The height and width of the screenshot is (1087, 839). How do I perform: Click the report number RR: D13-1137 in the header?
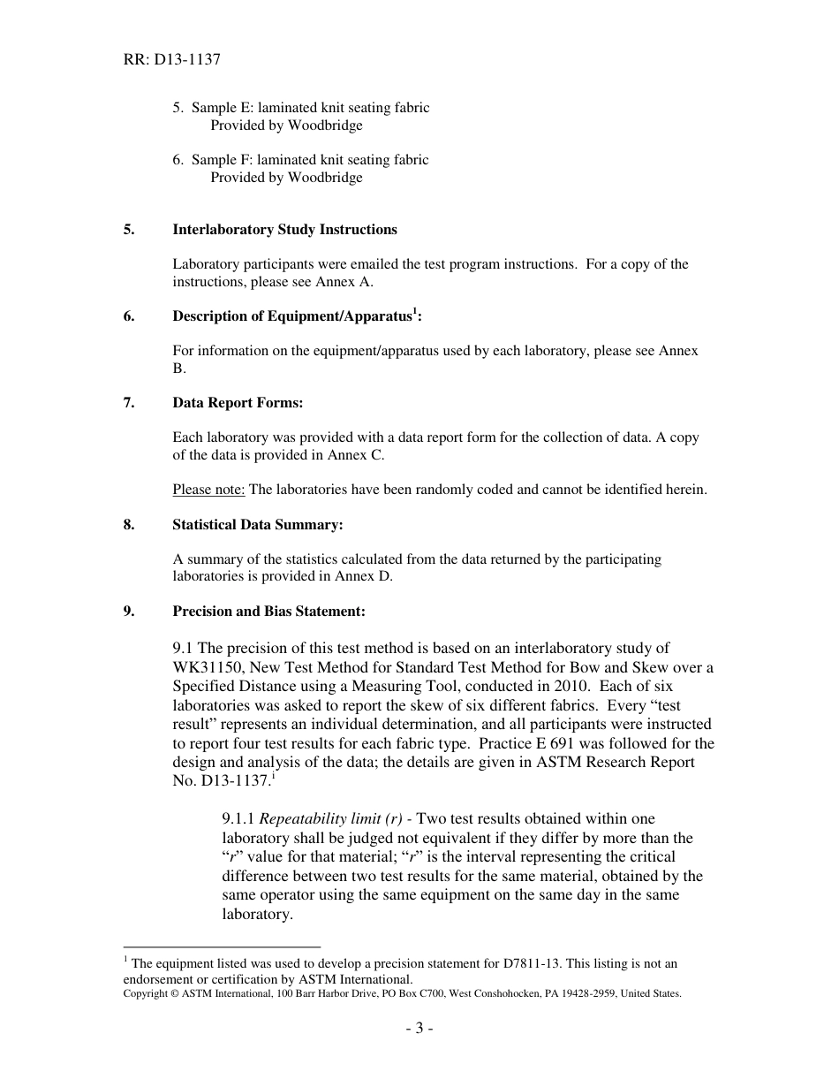(x=171, y=60)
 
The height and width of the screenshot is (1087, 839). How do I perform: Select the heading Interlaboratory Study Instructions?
(x=284, y=230)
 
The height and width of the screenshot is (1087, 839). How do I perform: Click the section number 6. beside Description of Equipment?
(x=129, y=316)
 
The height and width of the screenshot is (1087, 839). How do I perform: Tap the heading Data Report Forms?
(x=238, y=403)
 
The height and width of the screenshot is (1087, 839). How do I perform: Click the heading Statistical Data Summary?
(x=257, y=525)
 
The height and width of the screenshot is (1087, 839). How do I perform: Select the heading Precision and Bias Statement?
(x=268, y=612)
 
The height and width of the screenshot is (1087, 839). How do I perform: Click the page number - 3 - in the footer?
(x=419, y=1029)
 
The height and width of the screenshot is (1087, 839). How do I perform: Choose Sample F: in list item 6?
(x=216, y=160)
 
